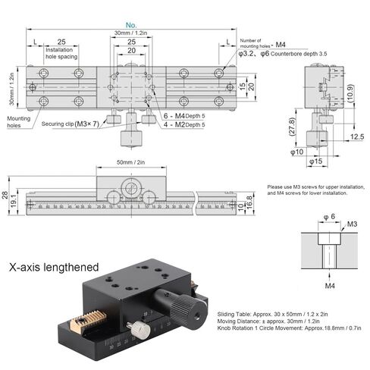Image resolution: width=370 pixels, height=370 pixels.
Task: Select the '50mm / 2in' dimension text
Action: click(131, 162)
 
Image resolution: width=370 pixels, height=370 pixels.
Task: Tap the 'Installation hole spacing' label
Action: click(62, 52)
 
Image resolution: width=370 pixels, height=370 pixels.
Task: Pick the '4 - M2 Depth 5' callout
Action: click(185, 124)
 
